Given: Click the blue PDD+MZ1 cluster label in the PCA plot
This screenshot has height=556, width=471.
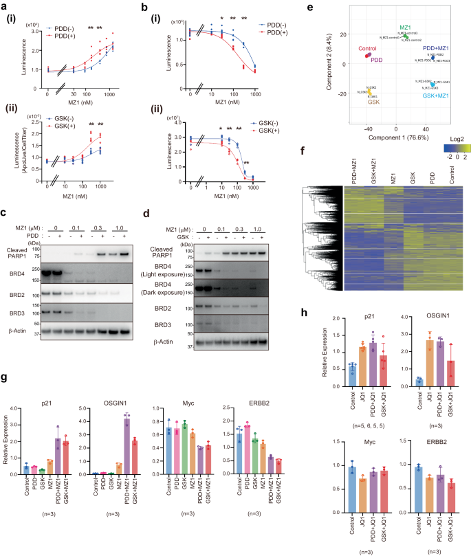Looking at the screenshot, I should tap(437, 48).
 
